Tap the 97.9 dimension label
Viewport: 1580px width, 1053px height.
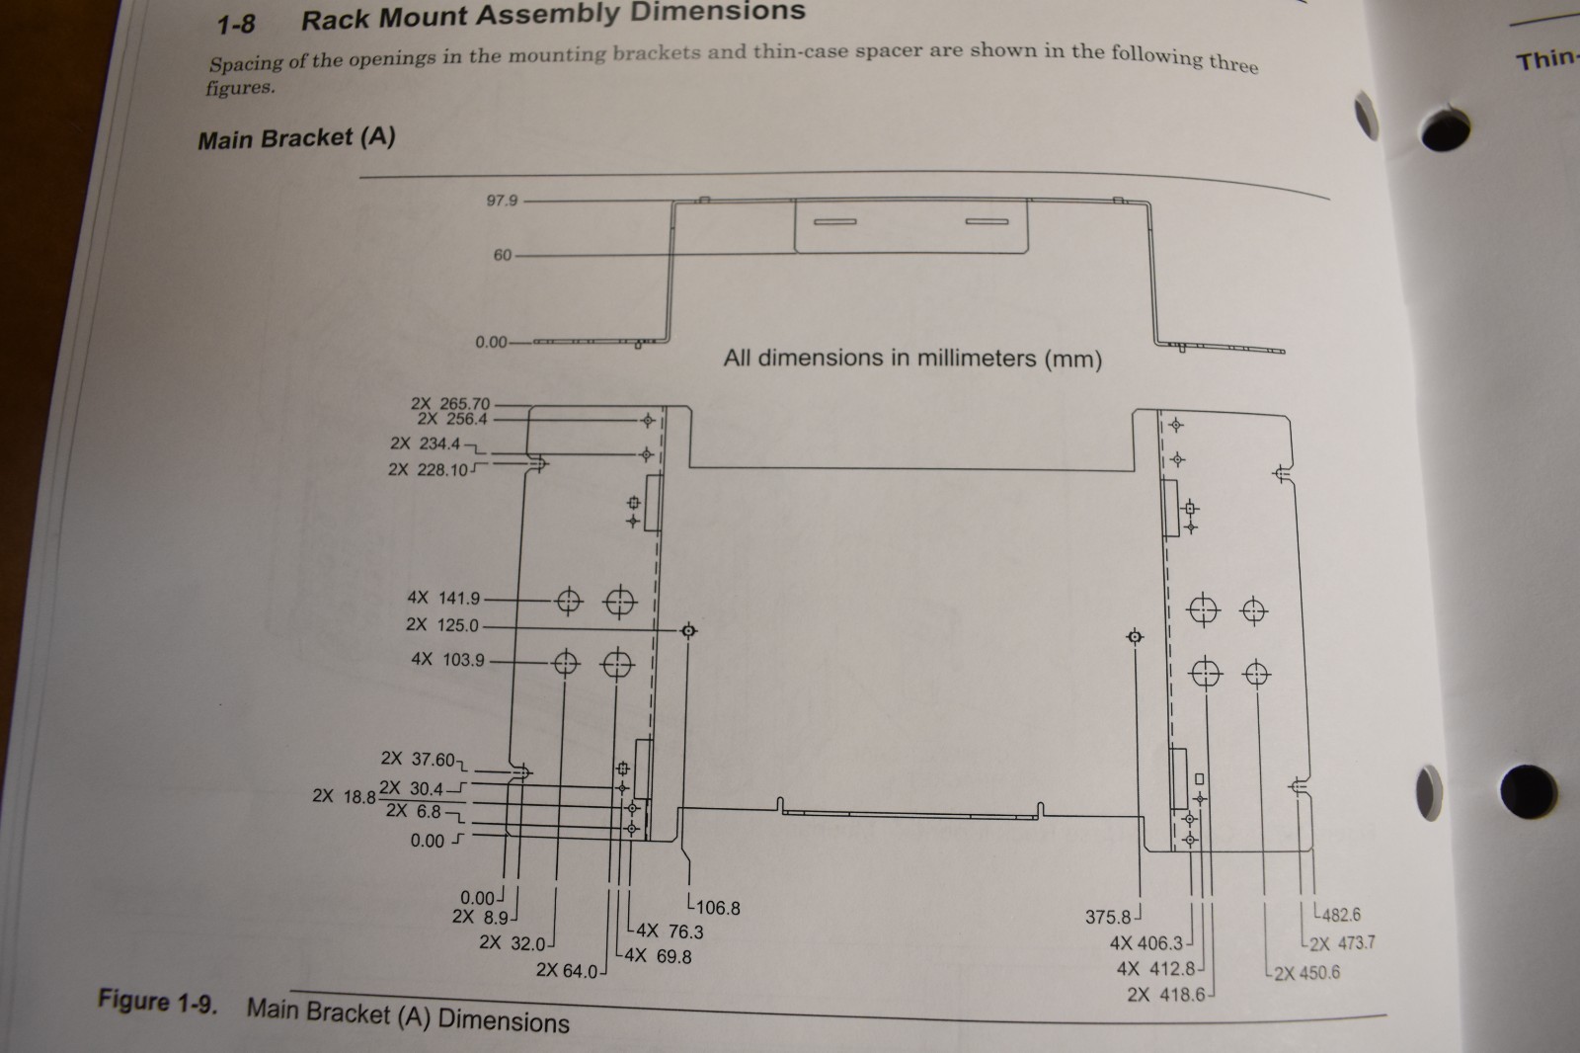coord(502,201)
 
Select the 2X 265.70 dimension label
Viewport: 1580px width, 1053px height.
coord(450,403)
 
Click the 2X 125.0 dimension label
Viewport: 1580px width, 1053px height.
coord(441,625)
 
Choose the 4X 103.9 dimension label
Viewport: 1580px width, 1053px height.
coord(447,659)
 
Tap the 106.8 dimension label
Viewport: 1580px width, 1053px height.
coord(717,908)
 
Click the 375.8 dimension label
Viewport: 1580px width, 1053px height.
coord(1108,917)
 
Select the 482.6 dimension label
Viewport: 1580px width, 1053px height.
coord(1340,915)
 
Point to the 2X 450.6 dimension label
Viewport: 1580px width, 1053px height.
coord(1306,973)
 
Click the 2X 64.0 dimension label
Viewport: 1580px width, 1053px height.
coord(567,971)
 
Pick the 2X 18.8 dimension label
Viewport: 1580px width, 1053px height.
coord(344,796)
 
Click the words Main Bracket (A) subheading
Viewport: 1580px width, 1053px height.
coord(296,138)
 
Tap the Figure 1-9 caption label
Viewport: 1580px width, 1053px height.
coord(156,1002)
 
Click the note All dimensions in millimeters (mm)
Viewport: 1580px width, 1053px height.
coord(911,358)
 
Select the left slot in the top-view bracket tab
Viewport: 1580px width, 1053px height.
coord(834,221)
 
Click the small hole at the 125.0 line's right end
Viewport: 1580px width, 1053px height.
coord(689,630)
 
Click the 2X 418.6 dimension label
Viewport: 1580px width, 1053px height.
coord(1165,995)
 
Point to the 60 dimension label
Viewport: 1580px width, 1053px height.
coord(503,255)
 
